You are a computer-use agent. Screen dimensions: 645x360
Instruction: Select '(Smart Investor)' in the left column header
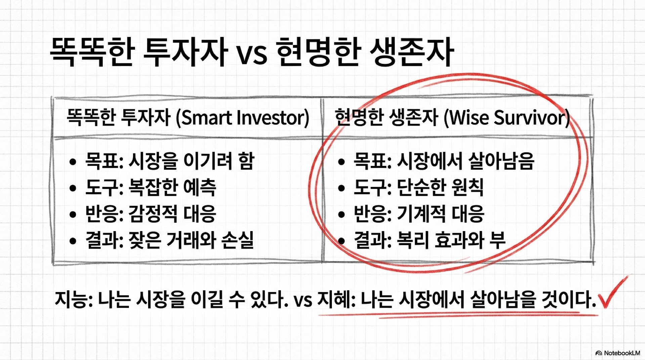click(x=243, y=118)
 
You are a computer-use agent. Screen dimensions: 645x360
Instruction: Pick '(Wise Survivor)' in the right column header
click(x=507, y=118)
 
